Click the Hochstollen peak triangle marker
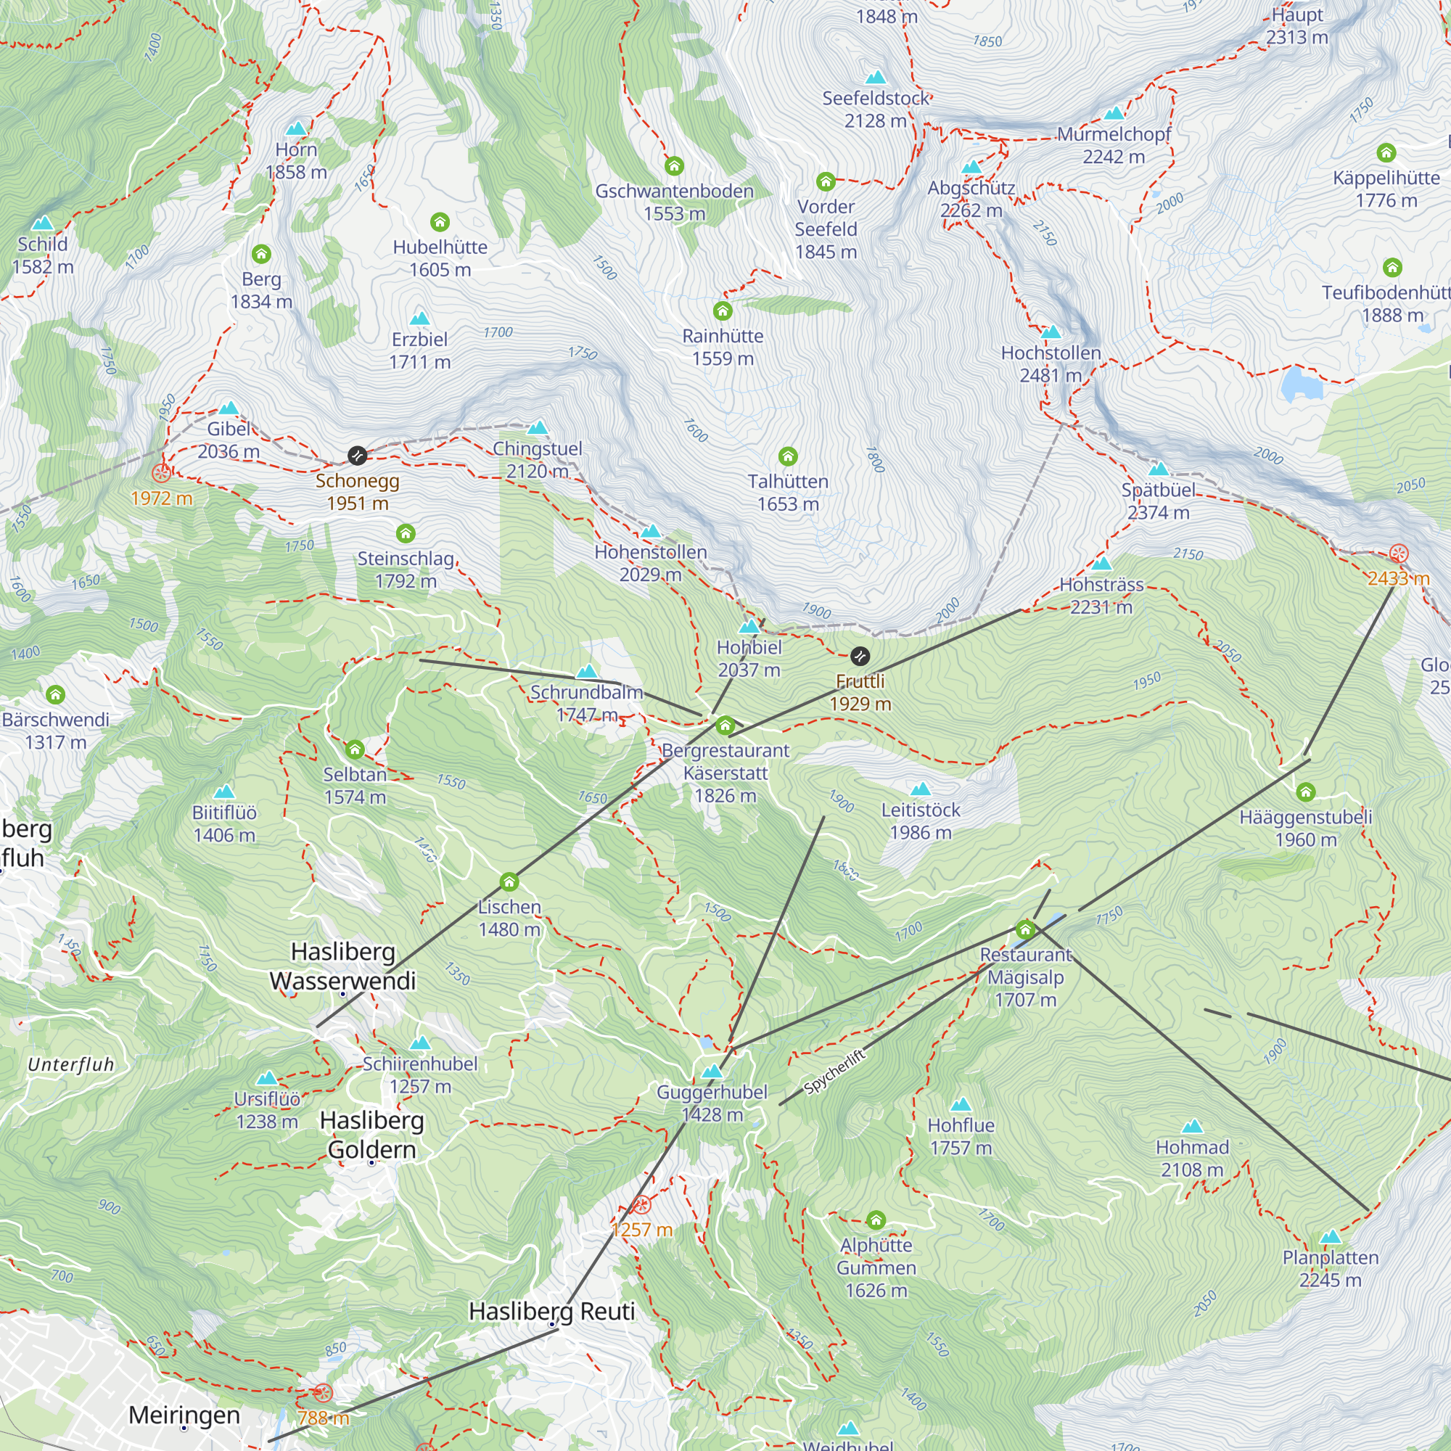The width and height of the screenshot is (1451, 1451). [x=1051, y=332]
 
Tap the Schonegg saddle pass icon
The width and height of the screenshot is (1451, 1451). [x=358, y=455]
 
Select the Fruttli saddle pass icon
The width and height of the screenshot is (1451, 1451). [x=860, y=657]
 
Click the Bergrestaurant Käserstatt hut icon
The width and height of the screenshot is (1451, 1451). [x=725, y=725]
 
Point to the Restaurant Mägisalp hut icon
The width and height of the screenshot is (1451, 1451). [x=1025, y=930]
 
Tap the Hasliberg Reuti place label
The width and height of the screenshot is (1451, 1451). [x=552, y=1311]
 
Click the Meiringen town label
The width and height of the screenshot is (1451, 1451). [x=184, y=1415]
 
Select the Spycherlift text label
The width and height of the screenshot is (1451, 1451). [x=834, y=1072]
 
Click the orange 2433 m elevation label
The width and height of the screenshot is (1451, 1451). [x=1398, y=578]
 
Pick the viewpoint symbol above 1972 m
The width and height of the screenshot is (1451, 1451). [x=162, y=473]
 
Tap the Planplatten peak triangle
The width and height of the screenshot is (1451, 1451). [x=1330, y=1237]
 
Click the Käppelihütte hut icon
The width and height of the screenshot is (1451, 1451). [x=1386, y=153]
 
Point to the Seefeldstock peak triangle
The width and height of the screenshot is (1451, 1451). [x=876, y=78]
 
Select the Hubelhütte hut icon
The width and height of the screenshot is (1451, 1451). [x=440, y=222]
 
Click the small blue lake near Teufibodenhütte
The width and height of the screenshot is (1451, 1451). [x=1301, y=383]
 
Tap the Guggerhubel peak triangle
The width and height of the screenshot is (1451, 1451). [x=711, y=1072]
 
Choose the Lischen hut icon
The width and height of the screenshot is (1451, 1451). [x=509, y=881]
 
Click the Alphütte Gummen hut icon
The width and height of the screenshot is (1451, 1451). [x=876, y=1220]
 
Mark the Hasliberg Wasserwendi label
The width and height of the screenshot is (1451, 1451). [x=342, y=966]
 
